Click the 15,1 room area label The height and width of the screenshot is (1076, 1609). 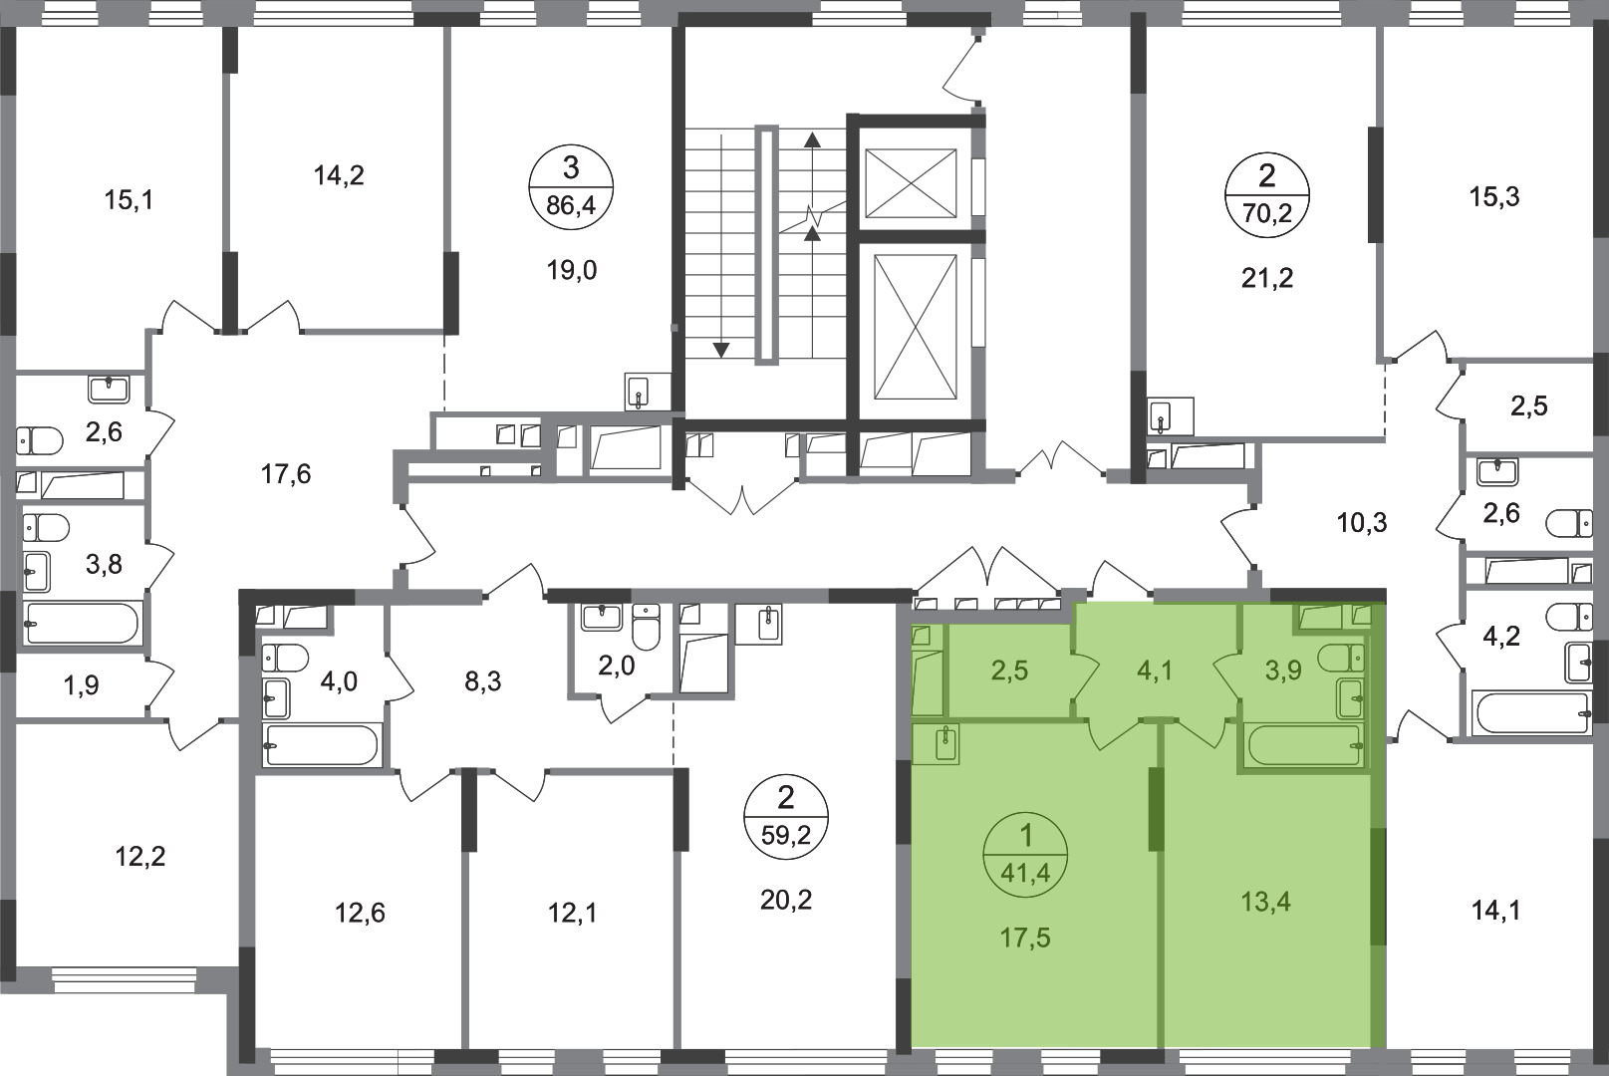[129, 200]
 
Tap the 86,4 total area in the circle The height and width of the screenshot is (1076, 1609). [571, 207]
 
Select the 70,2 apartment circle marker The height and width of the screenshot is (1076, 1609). [1267, 194]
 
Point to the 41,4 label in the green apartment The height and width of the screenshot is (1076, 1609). [1026, 873]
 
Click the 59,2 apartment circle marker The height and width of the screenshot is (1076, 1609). [786, 817]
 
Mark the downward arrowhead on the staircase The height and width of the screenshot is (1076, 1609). [720, 350]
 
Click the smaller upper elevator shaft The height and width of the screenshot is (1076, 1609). [911, 182]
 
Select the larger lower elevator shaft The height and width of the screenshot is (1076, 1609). [916, 327]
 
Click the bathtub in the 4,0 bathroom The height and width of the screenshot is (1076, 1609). [321, 745]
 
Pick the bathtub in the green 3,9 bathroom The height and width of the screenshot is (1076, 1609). [1305, 745]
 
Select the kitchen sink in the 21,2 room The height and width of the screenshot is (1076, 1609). [1171, 415]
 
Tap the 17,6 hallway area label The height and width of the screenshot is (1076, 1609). [286, 475]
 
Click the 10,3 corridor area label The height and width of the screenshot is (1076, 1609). [1362, 522]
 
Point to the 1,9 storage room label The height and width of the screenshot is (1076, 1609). [82, 686]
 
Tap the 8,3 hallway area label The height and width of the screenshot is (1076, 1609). [482, 681]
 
